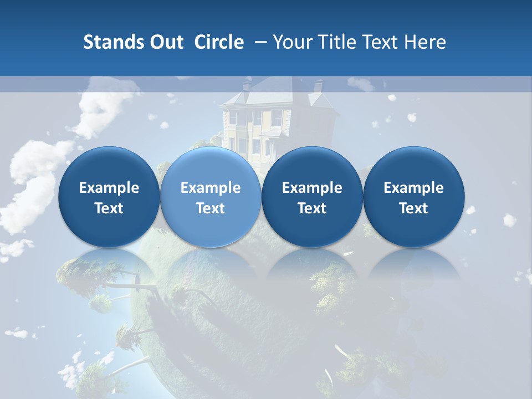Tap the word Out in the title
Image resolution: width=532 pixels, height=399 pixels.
click(165, 42)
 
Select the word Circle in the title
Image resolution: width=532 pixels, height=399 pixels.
click(219, 42)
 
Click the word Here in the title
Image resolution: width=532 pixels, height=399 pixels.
click(425, 42)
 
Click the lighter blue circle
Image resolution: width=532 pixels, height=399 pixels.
click(211, 197)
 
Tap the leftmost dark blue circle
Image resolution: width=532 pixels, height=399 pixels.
click(109, 197)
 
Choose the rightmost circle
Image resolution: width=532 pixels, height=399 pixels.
click(413, 197)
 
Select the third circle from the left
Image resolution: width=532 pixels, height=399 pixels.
click(312, 197)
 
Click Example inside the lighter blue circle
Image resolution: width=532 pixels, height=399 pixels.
click(211, 188)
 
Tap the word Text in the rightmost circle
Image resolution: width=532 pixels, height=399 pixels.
click(413, 208)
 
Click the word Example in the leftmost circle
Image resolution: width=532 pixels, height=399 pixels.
click(109, 188)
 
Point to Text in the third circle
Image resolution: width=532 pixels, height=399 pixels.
click(312, 208)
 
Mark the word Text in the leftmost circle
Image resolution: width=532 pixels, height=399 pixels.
click(109, 208)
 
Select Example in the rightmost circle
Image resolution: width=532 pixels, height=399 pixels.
click(413, 188)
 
